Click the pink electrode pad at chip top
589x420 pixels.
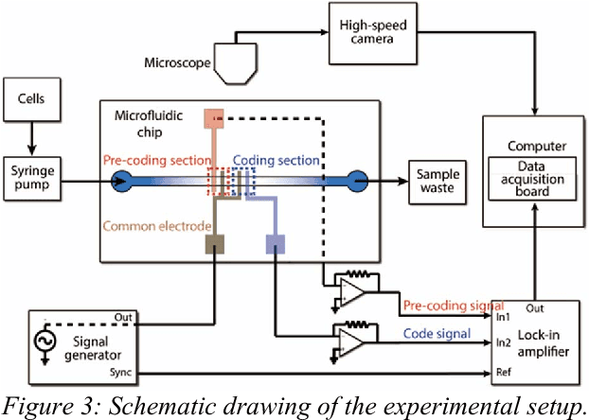(214, 117)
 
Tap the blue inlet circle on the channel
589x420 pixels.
(122, 179)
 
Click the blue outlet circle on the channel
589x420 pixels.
(359, 179)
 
